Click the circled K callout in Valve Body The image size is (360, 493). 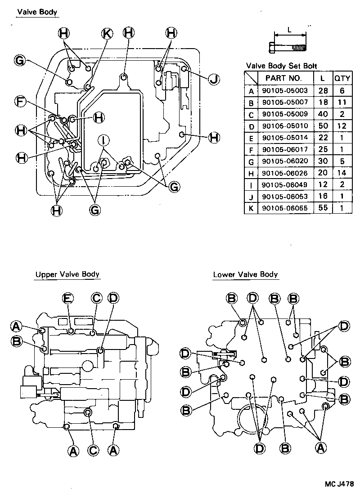(x=107, y=33)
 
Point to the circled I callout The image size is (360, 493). (x=103, y=140)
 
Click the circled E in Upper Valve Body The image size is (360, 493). (x=68, y=298)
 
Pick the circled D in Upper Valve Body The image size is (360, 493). (x=113, y=298)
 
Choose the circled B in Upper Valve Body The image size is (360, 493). (x=17, y=342)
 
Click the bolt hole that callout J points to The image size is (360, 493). (x=184, y=69)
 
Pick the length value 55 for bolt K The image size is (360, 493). (x=322, y=208)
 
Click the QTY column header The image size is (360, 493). (x=342, y=78)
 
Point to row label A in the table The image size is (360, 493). (x=251, y=90)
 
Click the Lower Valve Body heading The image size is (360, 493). (x=245, y=274)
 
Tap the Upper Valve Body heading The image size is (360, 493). (x=67, y=274)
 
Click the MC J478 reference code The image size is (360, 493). (x=339, y=484)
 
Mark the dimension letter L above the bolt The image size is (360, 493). (x=289, y=30)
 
